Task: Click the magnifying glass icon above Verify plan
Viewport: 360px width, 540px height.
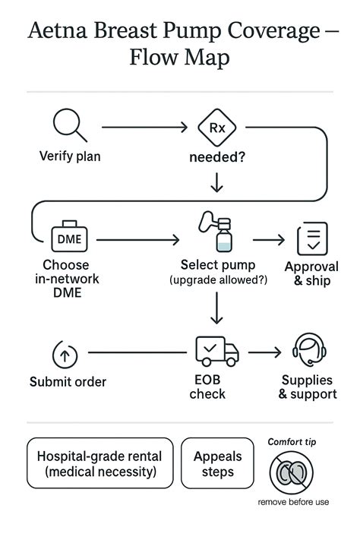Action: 69,125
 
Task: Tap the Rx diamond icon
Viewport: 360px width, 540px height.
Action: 216,128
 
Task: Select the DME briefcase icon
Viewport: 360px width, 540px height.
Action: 69,238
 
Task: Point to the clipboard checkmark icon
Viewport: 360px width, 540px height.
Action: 311,238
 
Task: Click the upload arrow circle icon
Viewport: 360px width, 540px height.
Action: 65,354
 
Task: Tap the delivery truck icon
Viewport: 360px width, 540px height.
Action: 216,351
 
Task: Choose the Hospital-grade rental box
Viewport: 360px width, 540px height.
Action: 99,463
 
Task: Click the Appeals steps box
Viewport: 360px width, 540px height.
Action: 218,463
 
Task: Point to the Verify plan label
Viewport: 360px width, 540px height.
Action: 70,157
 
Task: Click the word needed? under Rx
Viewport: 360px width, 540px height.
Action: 218,158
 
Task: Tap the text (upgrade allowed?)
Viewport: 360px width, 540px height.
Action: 219,281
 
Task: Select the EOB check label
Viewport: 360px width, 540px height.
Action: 207,387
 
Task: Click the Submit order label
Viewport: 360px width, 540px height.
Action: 68,381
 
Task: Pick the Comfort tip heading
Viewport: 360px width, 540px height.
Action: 292,441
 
